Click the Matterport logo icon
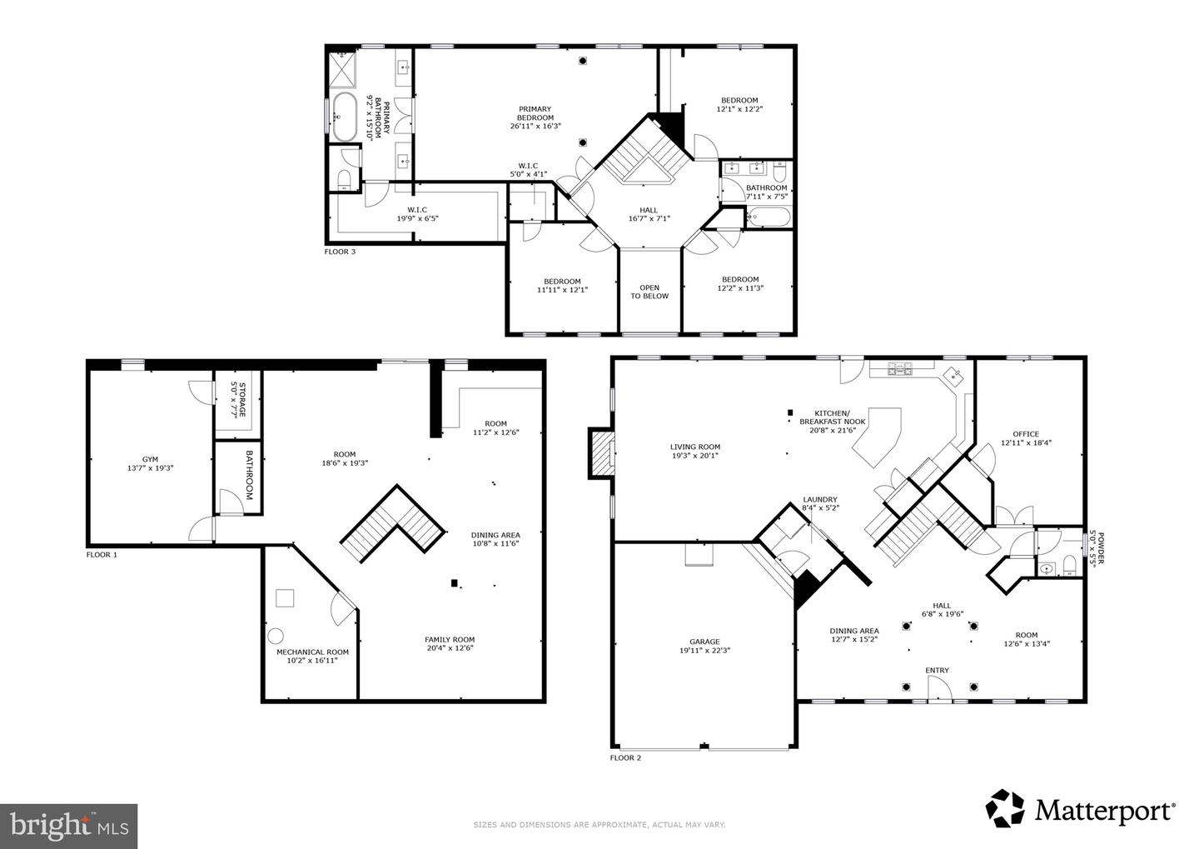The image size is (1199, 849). point(1005,808)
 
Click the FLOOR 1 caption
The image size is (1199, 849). point(102,554)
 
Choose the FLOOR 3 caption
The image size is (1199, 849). point(340,251)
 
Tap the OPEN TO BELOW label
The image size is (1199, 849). point(649,292)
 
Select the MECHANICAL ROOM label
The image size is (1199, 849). point(312,652)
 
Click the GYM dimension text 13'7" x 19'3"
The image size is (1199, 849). point(150,468)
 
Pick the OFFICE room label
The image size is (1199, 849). point(1026,433)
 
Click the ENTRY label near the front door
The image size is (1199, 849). point(937,670)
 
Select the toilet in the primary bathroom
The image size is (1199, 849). point(344,178)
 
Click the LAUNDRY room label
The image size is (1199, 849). point(818,499)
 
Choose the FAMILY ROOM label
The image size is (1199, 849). point(450,640)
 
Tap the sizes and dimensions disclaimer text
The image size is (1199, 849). point(599,825)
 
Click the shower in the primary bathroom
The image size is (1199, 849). point(343,69)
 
